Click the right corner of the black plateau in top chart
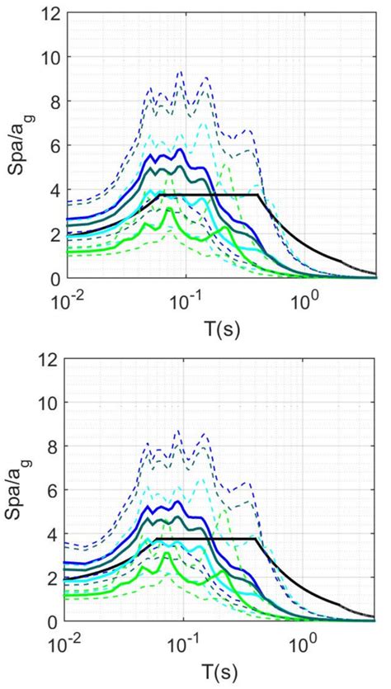click(x=259, y=195)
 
